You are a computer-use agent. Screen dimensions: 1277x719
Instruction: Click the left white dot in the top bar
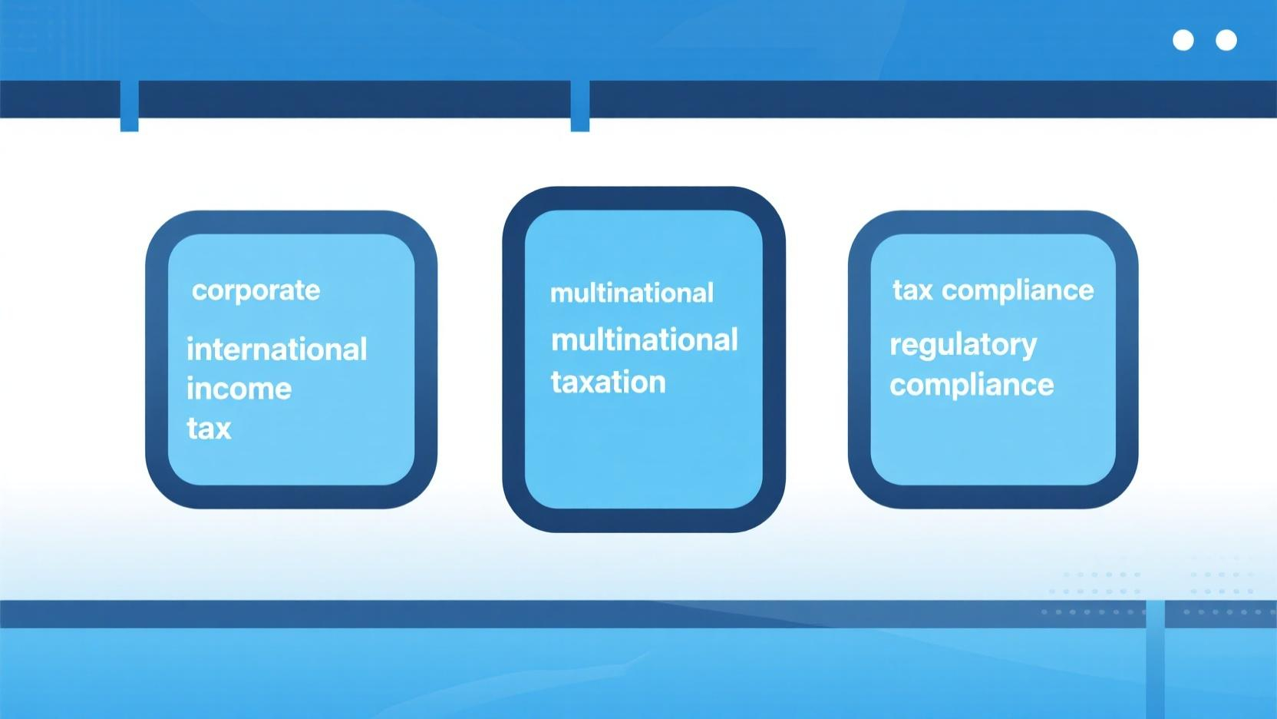(x=1183, y=41)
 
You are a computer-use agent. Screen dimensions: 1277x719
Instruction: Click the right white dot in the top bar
(x=1226, y=41)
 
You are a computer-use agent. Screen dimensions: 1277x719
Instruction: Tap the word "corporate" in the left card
(x=256, y=291)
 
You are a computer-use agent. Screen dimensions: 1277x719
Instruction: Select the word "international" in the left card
(x=276, y=350)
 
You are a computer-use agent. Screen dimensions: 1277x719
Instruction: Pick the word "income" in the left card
(x=239, y=389)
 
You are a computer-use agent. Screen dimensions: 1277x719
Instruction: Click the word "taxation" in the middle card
(x=609, y=382)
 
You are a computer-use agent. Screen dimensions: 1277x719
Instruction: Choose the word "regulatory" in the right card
(x=963, y=346)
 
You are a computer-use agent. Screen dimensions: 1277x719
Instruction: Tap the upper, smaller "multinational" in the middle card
(x=632, y=293)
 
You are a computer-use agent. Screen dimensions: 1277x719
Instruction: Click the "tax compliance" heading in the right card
(x=993, y=291)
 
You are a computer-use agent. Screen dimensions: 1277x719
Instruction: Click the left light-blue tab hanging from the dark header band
(x=130, y=106)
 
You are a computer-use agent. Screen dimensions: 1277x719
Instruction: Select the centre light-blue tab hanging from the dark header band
(x=579, y=106)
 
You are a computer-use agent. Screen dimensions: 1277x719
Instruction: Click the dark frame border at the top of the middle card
(x=644, y=198)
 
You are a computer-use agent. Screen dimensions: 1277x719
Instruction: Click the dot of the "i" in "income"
(x=190, y=379)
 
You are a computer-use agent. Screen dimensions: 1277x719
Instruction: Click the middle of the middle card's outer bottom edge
(x=644, y=532)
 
